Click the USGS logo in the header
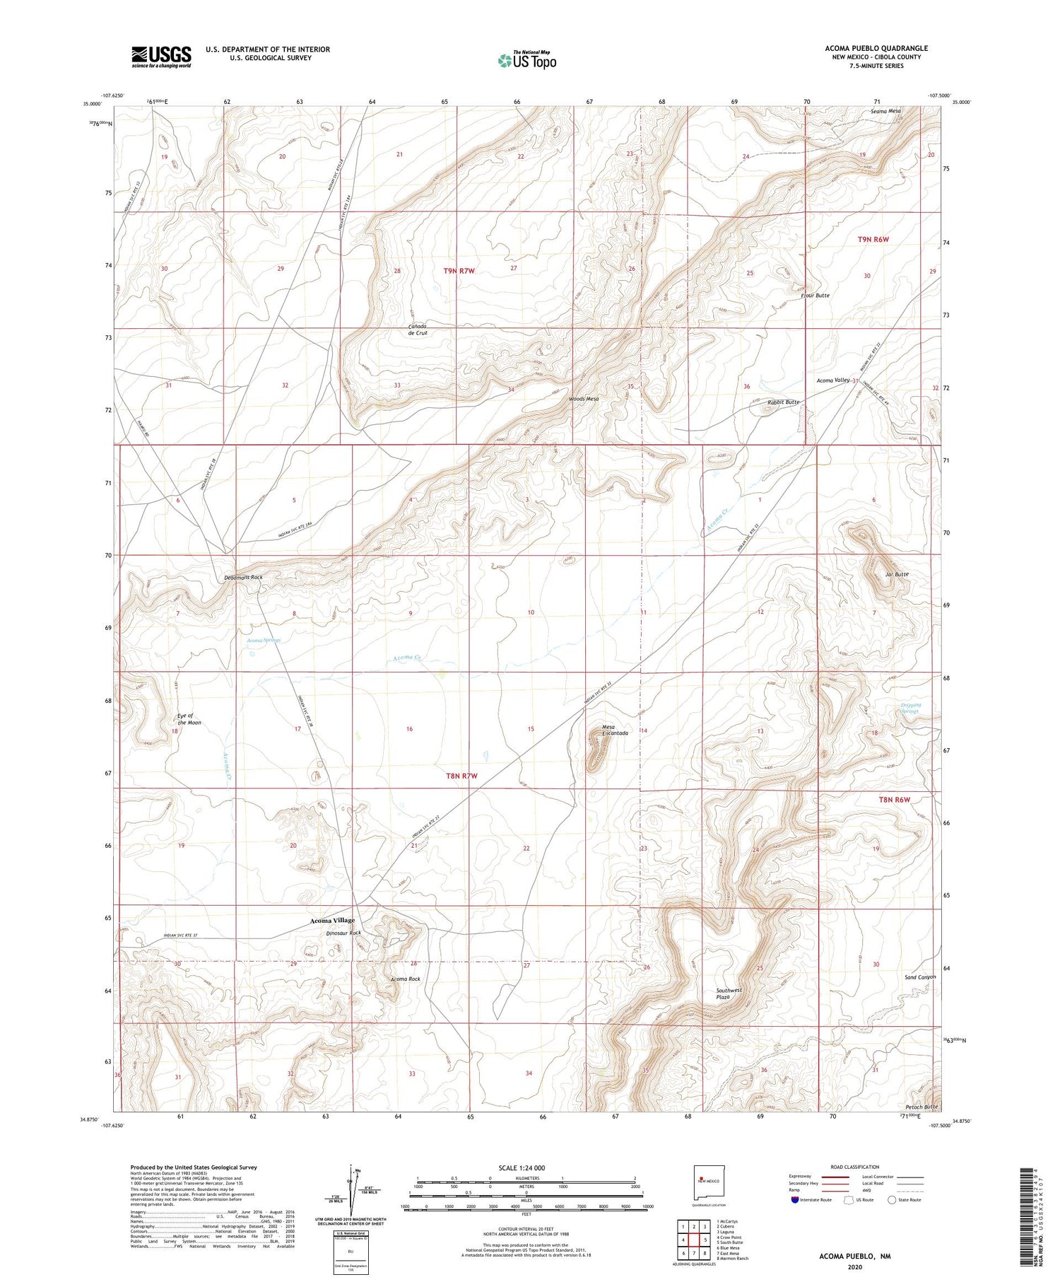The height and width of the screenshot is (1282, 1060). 161,57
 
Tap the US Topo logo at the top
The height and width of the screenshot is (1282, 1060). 526,60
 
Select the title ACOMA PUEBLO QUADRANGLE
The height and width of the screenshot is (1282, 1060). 876,48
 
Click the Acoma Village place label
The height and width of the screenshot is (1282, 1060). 332,921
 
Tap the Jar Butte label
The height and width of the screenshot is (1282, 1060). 897,574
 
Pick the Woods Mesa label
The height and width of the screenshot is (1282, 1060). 584,399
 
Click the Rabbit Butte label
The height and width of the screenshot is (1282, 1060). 783,402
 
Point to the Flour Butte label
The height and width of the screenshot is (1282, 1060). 815,295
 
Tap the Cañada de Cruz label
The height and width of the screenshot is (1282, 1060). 418,329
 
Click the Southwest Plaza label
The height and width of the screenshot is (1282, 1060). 729,993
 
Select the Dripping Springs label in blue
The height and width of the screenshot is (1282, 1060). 900,707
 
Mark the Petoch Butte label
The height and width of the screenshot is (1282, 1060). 921,1107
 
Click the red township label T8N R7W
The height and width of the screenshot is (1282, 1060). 461,776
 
